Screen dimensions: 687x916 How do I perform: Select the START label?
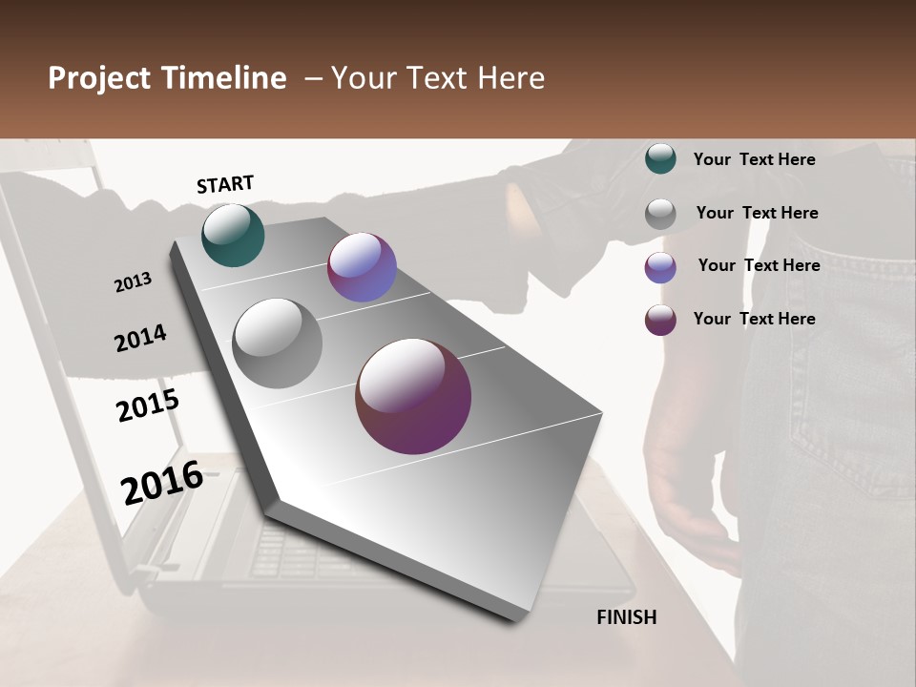pyautogui.click(x=225, y=184)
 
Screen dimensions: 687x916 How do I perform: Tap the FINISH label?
pyautogui.click(x=627, y=617)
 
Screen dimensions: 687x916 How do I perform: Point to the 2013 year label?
pyautogui.click(x=133, y=282)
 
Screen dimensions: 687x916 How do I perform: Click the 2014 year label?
pyautogui.click(x=140, y=338)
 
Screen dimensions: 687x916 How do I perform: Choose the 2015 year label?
pyautogui.click(x=148, y=406)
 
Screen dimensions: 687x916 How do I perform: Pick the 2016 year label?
pyautogui.click(x=162, y=482)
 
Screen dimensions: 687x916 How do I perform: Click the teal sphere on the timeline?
pyautogui.click(x=233, y=235)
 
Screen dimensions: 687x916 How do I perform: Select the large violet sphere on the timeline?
pyautogui.click(x=362, y=267)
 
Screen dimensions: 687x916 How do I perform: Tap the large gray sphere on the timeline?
pyautogui.click(x=278, y=343)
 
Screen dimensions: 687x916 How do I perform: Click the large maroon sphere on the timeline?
pyautogui.click(x=413, y=396)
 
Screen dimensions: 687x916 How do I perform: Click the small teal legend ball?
pyautogui.click(x=660, y=158)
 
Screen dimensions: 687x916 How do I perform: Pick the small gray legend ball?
pyautogui.click(x=660, y=213)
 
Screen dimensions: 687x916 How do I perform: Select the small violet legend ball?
pyautogui.click(x=660, y=266)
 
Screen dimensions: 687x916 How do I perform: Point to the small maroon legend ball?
pyautogui.click(x=660, y=320)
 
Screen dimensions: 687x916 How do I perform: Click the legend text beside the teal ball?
pyautogui.click(x=754, y=159)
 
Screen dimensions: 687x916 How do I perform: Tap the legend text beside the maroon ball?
pyautogui.click(x=754, y=319)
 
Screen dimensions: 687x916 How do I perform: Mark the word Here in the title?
pyautogui.click(x=511, y=78)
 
